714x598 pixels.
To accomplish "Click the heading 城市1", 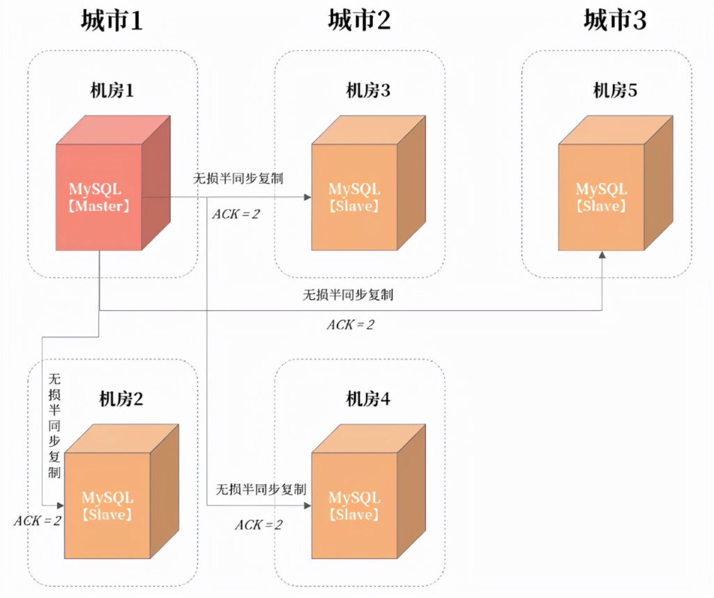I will [112, 20].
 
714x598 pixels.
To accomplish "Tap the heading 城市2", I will [359, 20].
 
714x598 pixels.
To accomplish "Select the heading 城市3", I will [615, 20].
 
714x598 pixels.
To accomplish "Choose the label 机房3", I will [368, 90].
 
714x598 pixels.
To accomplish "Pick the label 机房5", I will [615, 90].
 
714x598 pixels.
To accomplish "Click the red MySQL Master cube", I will [101, 192].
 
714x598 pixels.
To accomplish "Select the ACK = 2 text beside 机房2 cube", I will [37, 521].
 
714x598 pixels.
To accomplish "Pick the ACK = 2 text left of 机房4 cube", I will [258, 525].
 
